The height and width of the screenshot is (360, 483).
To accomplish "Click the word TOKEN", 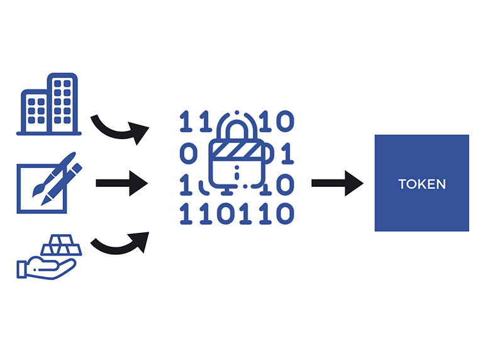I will coord(422,184).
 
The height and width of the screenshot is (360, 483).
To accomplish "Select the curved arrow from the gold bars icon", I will coord(119,242).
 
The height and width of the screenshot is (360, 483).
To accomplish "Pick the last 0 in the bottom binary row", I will coord(284,215).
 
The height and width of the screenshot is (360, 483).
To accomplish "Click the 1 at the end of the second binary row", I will coord(284,153).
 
